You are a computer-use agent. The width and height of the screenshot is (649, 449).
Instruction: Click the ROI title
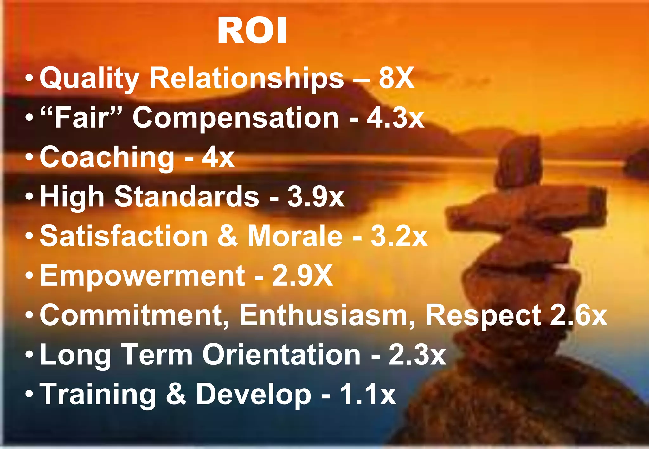click(x=252, y=31)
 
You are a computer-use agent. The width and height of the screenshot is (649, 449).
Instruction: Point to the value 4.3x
click(x=395, y=118)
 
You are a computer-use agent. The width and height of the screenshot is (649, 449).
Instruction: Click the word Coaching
click(x=107, y=157)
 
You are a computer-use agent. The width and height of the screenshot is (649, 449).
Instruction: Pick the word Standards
click(x=187, y=197)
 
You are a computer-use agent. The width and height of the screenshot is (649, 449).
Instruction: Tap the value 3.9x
click(x=316, y=197)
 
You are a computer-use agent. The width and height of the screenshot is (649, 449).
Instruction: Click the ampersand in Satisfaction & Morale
click(x=227, y=236)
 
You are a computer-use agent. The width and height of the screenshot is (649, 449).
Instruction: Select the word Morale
click(x=295, y=236)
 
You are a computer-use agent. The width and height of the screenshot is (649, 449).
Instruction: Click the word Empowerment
click(x=142, y=275)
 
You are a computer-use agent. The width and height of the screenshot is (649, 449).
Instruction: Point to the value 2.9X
click(x=302, y=275)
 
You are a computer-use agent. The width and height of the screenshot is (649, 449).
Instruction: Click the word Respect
click(x=483, y=315)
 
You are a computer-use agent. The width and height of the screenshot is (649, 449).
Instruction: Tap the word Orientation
click(x=281, y=355)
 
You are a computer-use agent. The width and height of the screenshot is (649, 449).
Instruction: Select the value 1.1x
click(x=368, y=394)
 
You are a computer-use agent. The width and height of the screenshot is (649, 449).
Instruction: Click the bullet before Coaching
click(x=29, y=157)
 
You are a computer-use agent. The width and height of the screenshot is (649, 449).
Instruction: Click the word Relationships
click(x=247, y=79)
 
